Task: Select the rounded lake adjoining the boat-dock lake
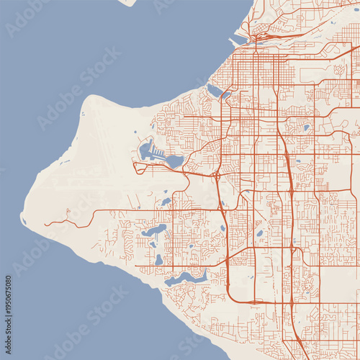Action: click(x=175, y=162)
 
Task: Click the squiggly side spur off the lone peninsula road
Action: click(x=68, y=214)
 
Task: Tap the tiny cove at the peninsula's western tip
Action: click(x=23, y=220)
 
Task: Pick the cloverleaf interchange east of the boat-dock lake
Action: click(x=216, y=174)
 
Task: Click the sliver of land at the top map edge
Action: click(x=128, y=2)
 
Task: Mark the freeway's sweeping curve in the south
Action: click(x=238, y=296)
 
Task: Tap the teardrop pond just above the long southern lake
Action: click(x=158, y=259)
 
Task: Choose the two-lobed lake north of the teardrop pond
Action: click(x=154, y=231)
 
